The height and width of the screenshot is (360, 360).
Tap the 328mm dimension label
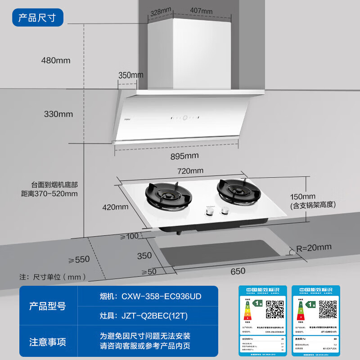[x=161, y=11]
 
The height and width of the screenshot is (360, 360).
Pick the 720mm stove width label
[x=190, y=171]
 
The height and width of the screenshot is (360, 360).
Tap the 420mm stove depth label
[x=116, y=207]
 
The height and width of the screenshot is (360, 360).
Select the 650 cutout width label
[x=238, y=271]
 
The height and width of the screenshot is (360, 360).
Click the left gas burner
[x=168, y=195]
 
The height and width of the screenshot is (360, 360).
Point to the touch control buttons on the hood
[x=184, y=119]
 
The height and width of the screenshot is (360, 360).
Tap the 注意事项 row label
[x=48, y=342]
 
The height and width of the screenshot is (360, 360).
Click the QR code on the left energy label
[x=274, y=310]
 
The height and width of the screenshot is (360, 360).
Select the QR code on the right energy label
[x=328, y=309]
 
